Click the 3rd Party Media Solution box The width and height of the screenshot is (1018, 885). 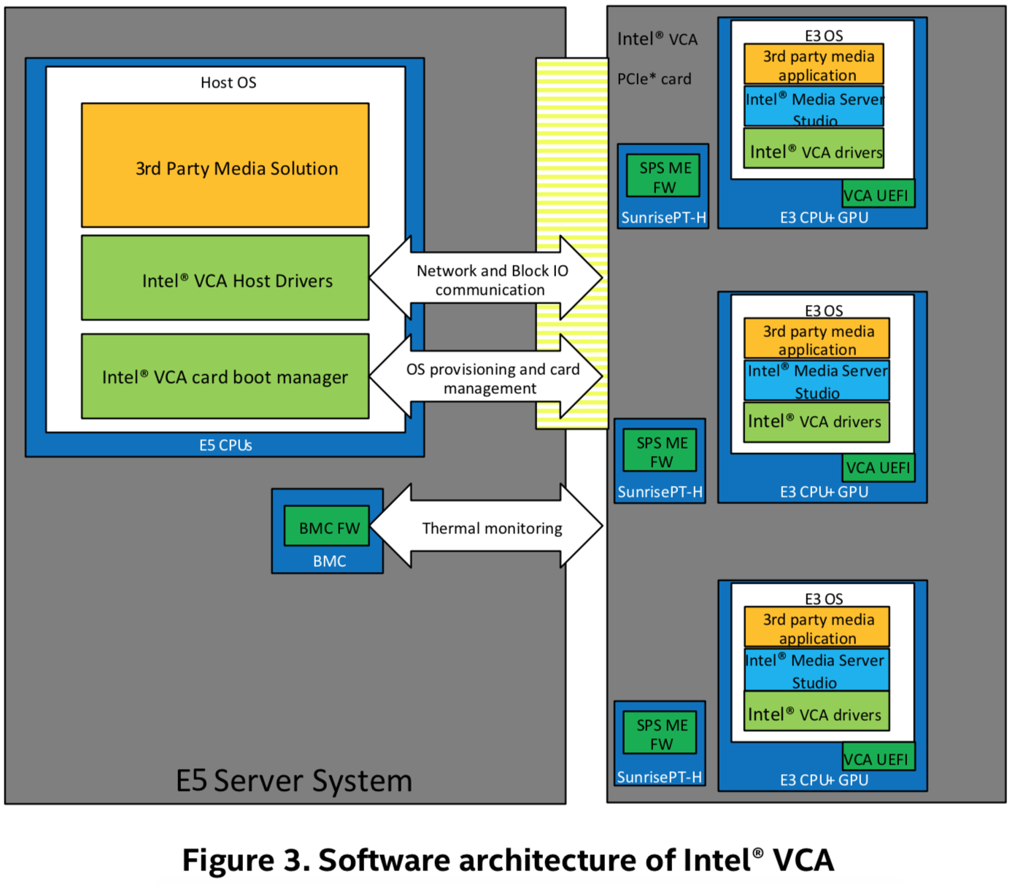coord(225,166)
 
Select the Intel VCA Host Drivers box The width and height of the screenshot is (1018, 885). coord(225,278)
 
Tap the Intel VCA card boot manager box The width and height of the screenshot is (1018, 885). coord(225,376)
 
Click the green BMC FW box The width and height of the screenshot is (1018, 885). coord(327,527)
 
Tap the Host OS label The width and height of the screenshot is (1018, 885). coord(228,82)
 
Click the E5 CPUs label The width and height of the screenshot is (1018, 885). coord(225,445)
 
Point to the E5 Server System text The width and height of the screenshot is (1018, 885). coord(294,781)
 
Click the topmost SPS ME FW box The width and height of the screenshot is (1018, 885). coord(663,177)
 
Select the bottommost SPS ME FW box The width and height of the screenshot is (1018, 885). coord(660,734)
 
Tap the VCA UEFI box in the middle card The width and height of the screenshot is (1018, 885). coord(878,468)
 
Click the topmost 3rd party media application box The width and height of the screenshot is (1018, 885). coord(814,65)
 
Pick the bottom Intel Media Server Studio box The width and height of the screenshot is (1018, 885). coord(816,670)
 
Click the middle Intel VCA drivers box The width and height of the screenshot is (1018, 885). coord(816,422)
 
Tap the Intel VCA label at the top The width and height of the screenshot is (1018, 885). coord(657,39)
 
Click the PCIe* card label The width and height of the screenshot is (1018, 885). coord(654,79)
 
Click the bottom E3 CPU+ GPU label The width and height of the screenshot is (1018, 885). coord(823,780)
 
